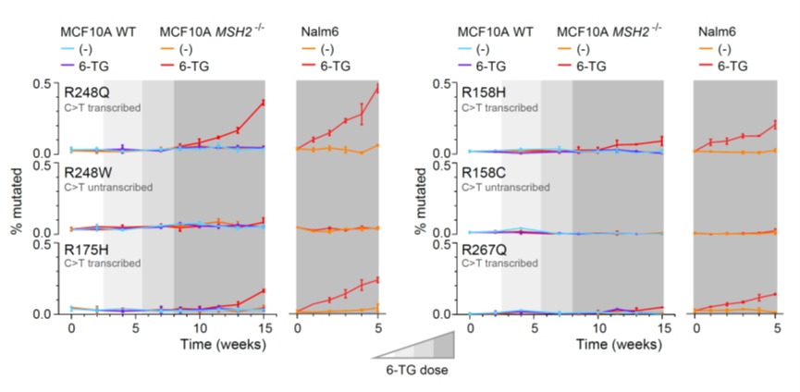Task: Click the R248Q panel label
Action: coord(86,92)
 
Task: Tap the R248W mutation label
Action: coord(88,172)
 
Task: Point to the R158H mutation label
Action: coord(485,92)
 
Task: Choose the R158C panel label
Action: coord(485,172)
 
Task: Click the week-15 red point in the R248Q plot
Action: coord(264,102)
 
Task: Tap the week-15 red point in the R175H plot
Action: coord(264,291)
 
